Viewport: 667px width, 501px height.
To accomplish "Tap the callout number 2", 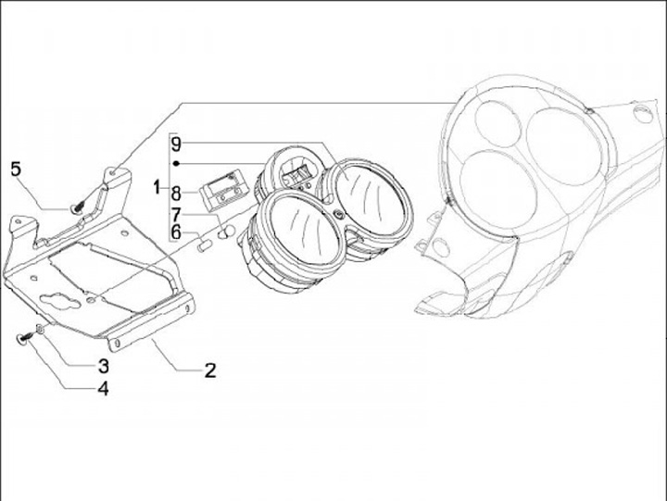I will coord(210,370).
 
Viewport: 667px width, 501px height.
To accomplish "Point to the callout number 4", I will coord(103,390).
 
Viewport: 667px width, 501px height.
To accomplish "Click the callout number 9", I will coord(176,144).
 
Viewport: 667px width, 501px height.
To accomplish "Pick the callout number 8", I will coord(176,194).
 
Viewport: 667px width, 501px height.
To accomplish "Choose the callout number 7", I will coord(176,213).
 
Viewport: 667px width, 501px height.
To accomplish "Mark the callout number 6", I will coord(176,231).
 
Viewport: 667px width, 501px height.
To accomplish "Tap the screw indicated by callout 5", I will coord(81,206).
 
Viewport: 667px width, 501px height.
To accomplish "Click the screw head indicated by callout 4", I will coord(23,340).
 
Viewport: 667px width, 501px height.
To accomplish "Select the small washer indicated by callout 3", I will coord(39,331).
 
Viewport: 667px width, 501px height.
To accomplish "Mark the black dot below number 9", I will coord(176,163).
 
